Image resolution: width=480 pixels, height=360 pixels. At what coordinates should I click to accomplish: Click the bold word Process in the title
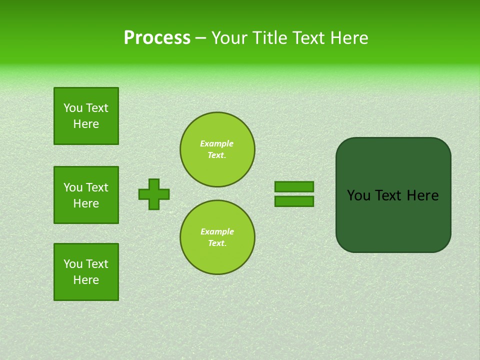[x=157, y=38]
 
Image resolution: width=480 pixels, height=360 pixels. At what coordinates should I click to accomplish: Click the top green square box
[x=86, y=116]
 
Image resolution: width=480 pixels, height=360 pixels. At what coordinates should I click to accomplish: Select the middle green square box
[x=86, y=195]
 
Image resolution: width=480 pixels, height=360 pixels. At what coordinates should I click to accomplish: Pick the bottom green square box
[x=86, y=272]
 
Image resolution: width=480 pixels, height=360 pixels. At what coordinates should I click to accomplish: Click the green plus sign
[x=154, y=194]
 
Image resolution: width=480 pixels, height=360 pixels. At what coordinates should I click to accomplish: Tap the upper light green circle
[x=217, y=149]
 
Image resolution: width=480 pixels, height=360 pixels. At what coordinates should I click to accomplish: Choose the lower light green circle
[x=217, y=237]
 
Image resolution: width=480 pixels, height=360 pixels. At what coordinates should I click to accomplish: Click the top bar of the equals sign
[x=294, y=187]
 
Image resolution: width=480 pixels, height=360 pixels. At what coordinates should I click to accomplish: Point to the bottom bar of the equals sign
[x=294, y=201]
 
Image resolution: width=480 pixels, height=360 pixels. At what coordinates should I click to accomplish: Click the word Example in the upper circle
[x=217, y=143]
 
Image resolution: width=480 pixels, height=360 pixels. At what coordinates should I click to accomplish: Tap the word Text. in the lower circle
[x=217, y=243]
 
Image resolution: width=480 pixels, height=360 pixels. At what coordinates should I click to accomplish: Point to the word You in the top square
[x=73, y=108]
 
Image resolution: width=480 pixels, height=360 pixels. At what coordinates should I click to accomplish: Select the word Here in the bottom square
[x=86, y=280]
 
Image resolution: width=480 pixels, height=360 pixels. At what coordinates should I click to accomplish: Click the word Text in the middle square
[x=96, y=187]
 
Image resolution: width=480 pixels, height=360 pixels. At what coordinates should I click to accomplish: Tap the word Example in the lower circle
[x=217, y=231]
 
